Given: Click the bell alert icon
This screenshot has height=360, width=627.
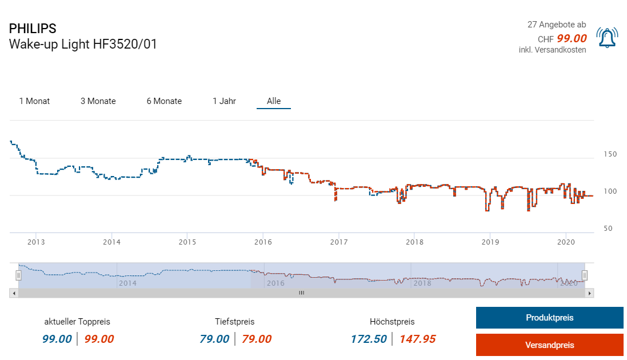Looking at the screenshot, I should [606, 38].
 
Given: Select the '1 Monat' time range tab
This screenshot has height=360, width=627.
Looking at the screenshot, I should [34, 101].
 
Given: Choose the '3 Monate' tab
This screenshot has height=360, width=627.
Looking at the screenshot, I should [98, 101].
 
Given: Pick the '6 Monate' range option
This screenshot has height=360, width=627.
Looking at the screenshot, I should [164, 101].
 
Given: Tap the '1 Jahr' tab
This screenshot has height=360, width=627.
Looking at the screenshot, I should [224, 101].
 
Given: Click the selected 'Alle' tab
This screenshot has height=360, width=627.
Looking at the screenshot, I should [274, 101].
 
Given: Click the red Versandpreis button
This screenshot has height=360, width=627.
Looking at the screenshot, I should [549, 345].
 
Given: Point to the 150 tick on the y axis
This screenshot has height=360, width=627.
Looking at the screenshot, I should [610, 154].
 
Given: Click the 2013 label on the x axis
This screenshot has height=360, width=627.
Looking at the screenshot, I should [36, 242].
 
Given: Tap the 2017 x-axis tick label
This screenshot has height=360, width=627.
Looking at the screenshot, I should [339, 242].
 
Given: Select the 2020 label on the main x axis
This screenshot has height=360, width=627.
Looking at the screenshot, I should [565, 242].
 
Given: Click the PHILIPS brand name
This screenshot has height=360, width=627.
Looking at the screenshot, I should [33, 29].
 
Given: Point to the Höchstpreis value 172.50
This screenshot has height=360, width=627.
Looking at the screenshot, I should [369, 339].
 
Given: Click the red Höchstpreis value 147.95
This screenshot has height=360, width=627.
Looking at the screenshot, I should [417, 339].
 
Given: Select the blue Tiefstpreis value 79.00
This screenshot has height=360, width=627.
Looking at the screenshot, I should [214, 339].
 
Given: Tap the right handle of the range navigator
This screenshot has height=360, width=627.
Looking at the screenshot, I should [585, 275].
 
